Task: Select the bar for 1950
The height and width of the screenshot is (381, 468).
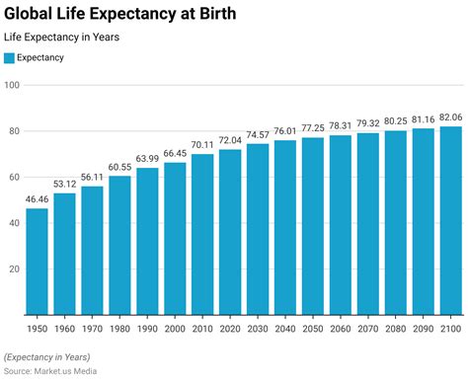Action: [x=37, y=262]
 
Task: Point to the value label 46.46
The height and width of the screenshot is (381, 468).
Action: [x=37, y=199]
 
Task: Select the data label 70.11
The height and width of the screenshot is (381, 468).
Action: [x=201, y=145]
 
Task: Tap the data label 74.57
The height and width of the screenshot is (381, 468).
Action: [x=257, y=135]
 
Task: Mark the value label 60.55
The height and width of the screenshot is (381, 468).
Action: [x=119, y=167]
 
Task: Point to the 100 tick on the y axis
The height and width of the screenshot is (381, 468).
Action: [x=12, y=85]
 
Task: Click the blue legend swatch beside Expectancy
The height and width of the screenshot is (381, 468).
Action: [x=10, y=58]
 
